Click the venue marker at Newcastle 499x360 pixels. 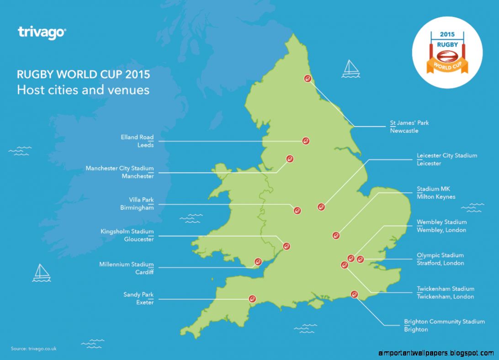click(x=308, y=78)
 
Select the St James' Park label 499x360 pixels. click(x=409, y=123)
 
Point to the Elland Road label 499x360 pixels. click(x=137, y=137)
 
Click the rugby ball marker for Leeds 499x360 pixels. click(x=305, y=141)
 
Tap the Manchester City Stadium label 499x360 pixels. click(x=120, y=169)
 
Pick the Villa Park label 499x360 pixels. click(x=141, y=200)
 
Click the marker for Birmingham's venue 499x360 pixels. click(x=297, y=211)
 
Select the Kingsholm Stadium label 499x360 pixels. click(x=127, y=232)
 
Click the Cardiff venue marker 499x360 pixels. click(x=258, y=262)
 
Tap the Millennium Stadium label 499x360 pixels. click(x=126, y=265)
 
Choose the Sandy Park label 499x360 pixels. click(x=138, y=295)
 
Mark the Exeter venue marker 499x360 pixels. click(x=251, y=299)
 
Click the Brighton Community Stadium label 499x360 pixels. click(x=444, y=322)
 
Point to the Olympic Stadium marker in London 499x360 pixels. click(x=360, y=259)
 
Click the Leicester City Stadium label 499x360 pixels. click(x=446, y=156)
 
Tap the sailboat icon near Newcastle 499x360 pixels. click(x=350, y=68)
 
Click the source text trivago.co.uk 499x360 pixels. click(x=33, y=349)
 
